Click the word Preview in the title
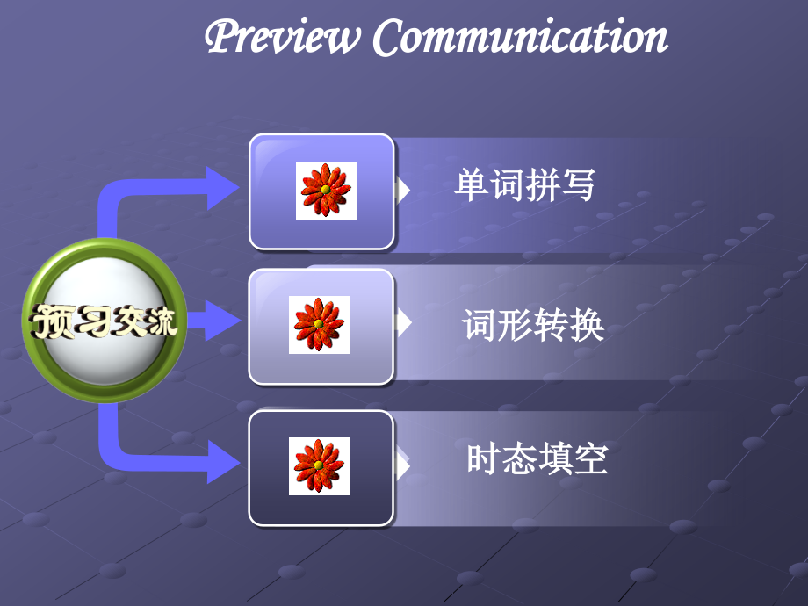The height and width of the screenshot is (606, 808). click(x=283, y=38)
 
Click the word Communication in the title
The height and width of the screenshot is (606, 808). click(x=520, y=38)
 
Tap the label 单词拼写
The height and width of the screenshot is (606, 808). click(x=524, y=185)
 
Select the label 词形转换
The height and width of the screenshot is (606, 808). click(x=533, y=325)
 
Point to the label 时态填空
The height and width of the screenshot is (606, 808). click(x=537, y=459)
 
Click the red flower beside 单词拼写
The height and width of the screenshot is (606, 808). click(x=326, y=191)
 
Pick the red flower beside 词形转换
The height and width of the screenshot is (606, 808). click(x=320, y=325)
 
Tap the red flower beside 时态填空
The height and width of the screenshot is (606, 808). click(x=320, y=466)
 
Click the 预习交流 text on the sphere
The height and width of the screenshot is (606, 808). click(x=105, y=322)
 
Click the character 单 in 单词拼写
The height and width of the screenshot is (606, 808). click(x=472, y=185)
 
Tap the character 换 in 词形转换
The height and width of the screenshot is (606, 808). click(x=588, y=325)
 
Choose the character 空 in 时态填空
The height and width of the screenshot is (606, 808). click(x=591, y=459)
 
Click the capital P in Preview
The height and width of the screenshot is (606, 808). click(x=221, y=38)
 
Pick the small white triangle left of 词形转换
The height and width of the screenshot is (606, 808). click(x=403, y=323)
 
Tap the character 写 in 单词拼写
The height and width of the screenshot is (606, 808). click(x=578, y=185)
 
